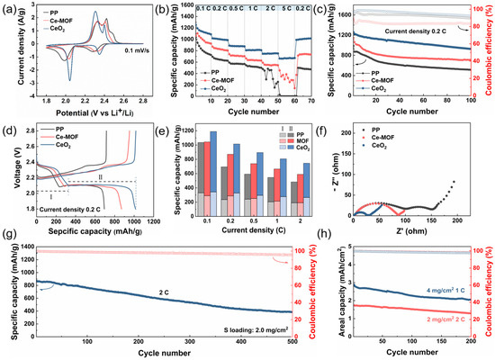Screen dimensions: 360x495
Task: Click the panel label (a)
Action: click(x=9, y=8)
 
